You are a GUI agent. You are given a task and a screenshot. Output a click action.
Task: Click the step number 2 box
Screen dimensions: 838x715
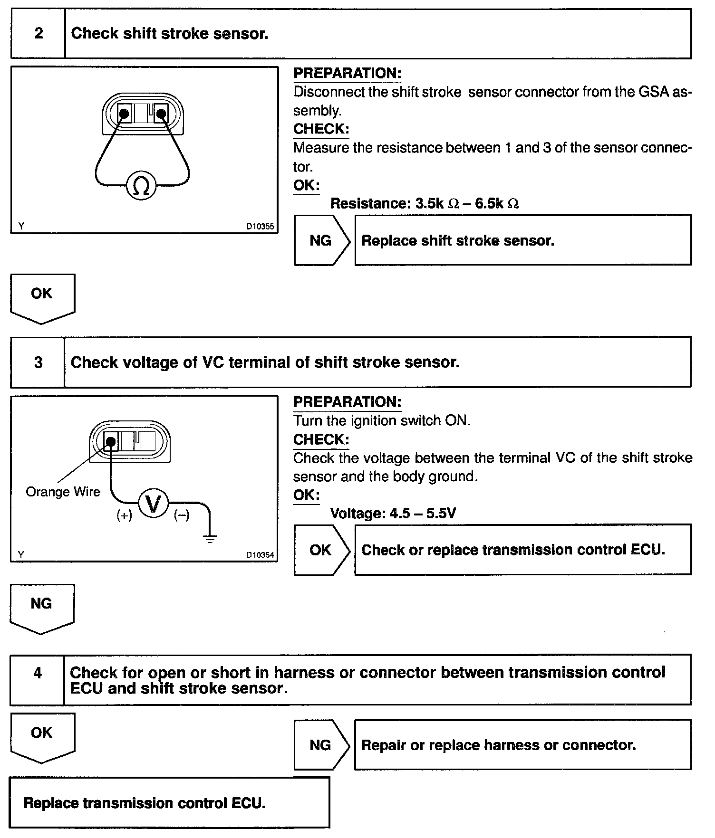(39, 34)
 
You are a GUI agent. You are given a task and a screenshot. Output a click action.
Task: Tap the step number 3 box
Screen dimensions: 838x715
(38, 362)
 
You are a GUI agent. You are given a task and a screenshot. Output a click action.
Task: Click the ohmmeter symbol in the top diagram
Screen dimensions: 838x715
(141, 186)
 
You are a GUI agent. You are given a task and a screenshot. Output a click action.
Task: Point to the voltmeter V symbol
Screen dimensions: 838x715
(153, 504)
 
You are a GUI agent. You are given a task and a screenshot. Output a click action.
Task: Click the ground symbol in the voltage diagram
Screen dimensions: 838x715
(210, 538)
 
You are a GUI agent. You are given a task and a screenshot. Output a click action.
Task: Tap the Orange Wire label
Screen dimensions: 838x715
(63, 492)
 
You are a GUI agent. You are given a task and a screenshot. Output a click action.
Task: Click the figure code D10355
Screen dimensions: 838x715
(260, 227)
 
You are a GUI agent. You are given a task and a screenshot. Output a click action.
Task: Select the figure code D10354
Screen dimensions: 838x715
(260, 555)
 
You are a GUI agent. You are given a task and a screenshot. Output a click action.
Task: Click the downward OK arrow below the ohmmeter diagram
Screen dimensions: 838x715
(42, 297)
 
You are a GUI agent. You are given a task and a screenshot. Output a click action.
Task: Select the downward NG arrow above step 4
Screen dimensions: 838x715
(42, 608)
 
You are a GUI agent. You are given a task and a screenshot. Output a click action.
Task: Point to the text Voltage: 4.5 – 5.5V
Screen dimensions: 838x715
(393, 514)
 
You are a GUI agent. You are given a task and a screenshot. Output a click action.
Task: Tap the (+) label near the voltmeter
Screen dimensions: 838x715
(125, 516)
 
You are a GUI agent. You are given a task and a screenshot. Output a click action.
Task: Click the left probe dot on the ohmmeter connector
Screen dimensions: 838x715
(124, 114)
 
